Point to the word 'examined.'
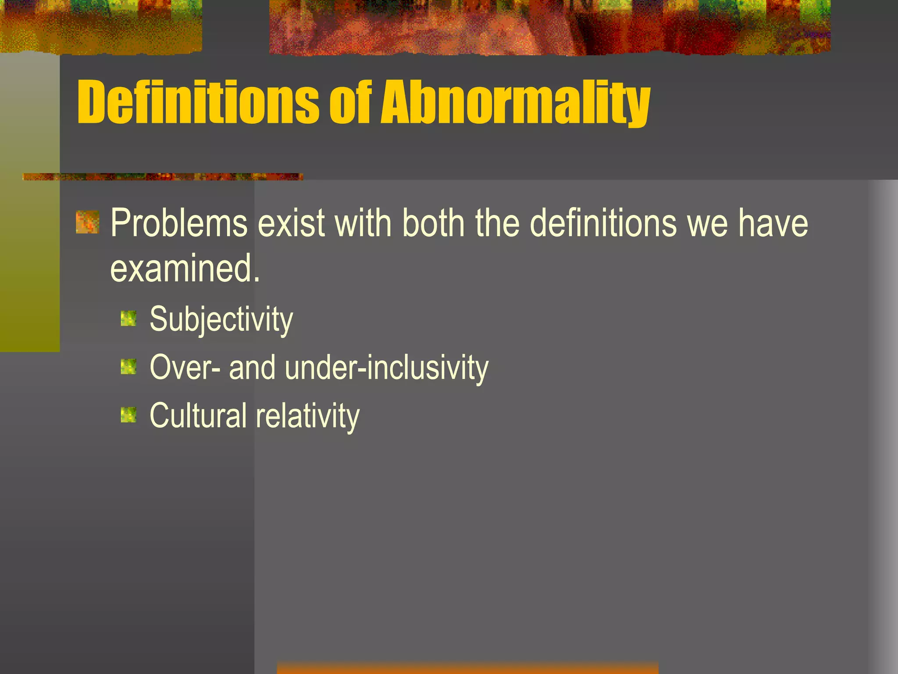[x=185, y=269]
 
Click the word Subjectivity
[x=221, y=319]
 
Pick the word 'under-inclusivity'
[x=386, y=368]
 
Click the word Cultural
[x=198, y=416]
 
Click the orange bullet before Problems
[x=87, y=222]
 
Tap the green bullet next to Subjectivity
[x=128, y=319]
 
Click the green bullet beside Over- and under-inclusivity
[x=128, y=367]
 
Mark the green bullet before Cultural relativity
[x=128, y=415]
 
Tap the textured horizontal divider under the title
[x=162, y=177]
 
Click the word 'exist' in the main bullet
[x=291, y=224]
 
